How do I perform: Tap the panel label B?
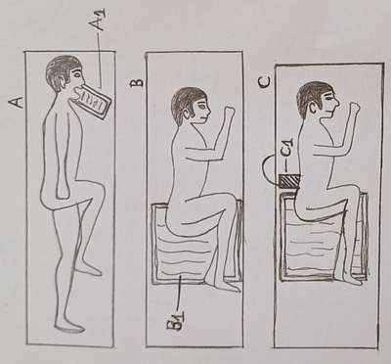coord(138,80)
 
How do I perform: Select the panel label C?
coord(265,81)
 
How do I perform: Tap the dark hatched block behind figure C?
coord(288,182)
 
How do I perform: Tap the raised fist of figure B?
coord(229,112)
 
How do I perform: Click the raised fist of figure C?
coord(353,109)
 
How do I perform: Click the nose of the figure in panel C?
coord(337,104)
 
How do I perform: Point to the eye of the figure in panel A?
coord(76,75)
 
